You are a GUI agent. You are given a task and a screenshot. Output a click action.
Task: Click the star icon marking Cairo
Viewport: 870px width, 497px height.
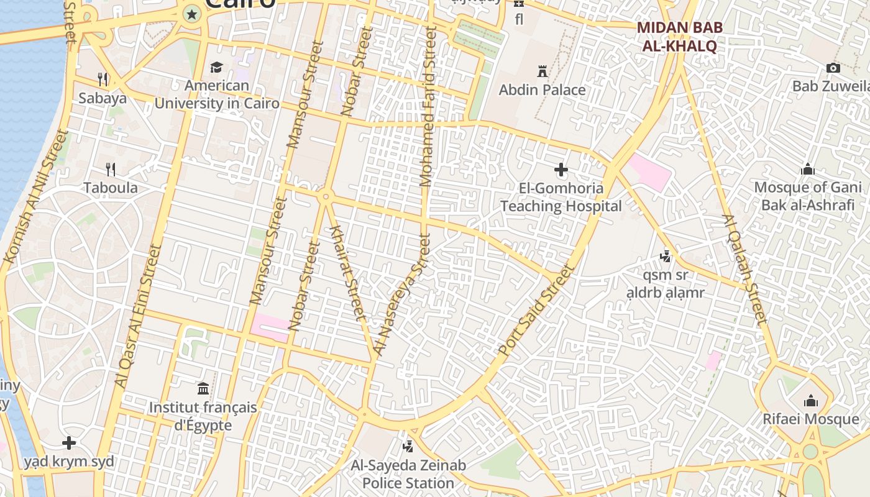[192, 14]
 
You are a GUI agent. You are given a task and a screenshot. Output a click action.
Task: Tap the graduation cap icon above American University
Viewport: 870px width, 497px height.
[216, 67]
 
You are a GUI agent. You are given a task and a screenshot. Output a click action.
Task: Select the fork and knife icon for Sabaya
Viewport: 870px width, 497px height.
[103, 79]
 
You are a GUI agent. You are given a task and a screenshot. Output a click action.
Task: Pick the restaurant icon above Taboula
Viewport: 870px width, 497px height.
[111, 169]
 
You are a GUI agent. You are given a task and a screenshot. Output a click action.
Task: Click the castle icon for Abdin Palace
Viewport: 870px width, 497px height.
[543, 71]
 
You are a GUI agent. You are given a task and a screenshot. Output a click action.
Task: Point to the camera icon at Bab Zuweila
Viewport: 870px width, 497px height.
[833, 68]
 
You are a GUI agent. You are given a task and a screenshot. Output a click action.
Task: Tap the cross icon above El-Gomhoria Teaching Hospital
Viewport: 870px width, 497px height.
[561, 169]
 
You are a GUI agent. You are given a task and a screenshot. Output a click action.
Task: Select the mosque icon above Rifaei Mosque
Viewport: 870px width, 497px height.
[811, 401]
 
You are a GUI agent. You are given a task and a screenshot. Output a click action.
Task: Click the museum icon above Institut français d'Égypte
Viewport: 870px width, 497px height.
[203, 389]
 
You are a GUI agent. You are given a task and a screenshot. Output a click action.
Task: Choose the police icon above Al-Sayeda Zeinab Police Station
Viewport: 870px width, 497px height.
[408, 445]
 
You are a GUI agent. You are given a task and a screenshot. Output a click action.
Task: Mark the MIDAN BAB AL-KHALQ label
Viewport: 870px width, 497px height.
[677, 37]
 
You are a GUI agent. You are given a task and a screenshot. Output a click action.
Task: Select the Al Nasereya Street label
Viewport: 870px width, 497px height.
[401, 295]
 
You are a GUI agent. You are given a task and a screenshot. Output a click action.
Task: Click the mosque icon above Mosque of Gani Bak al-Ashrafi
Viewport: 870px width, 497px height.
[808, 169]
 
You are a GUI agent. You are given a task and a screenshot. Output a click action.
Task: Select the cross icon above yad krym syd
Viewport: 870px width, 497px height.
[69, 443]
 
